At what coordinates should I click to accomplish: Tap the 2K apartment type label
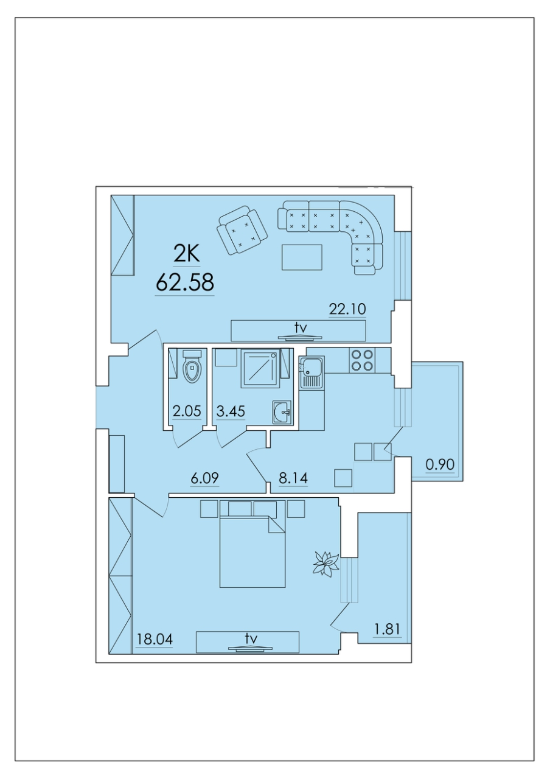coord(187,254)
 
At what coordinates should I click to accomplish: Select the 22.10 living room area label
coord(347,309)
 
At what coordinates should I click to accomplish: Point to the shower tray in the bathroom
coord(260,368)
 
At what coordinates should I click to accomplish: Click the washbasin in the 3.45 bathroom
coord(282,413)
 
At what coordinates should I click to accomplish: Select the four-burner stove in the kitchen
coord(363,360)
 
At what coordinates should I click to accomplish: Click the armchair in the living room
coord(242,230)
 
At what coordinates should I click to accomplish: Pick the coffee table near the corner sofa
coord(302,257)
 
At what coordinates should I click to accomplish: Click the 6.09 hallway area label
coord(205,478)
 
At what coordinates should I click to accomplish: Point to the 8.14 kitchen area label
coord(293,478)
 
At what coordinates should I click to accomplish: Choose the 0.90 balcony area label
coord(440,464)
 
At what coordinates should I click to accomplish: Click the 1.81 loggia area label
coord(387,629)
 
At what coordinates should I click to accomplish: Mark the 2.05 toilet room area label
coord(187,411)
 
